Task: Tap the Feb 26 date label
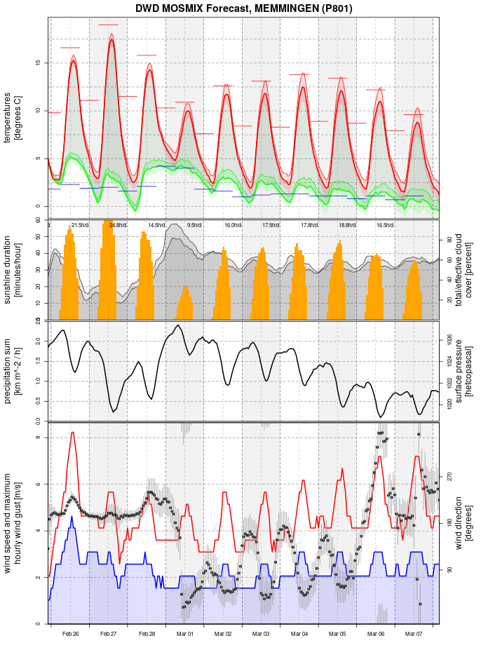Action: tap(70, 634)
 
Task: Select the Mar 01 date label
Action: tap(185, 634)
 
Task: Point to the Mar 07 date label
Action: tap(414, 634)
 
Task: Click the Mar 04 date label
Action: tap(299, 634)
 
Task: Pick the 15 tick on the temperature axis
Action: tap(38, 63)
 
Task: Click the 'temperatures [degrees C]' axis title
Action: tap(13, 114)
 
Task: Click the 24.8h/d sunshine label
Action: tap(117, 225)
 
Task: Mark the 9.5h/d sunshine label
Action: tap(194, 225)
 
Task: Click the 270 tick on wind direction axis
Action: tap(449, 477)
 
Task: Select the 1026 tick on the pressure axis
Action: tap(449, 339)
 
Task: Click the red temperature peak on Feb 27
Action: tap(111, 40)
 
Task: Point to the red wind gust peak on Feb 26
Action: tap(72, 433)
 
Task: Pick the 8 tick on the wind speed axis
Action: tap(38, 438)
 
